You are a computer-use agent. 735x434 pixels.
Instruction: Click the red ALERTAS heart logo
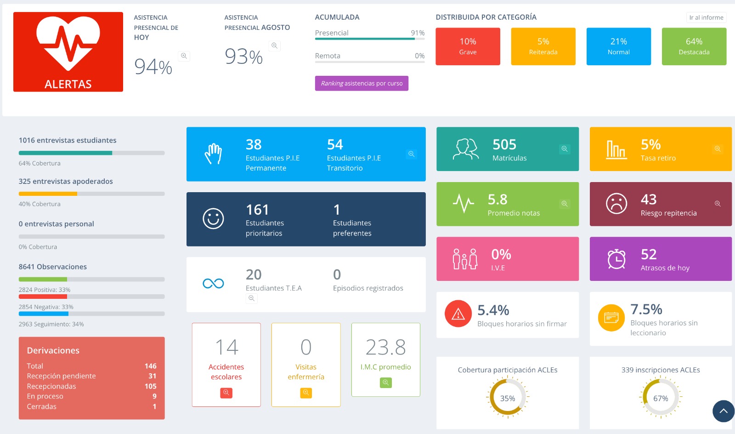(68, 52)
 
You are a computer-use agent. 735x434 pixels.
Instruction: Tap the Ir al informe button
(706, 17)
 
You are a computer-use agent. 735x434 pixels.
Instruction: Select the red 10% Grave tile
(468, 46)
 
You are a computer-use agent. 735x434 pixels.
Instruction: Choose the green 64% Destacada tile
(694, 46)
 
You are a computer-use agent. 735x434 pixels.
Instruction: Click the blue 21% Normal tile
(618, 46)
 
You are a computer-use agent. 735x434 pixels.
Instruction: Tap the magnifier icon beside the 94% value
(184, 56)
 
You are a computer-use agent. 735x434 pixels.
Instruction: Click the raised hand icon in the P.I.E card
(213, 154)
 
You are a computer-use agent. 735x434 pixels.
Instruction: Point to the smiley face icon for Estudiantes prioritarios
(213, 218)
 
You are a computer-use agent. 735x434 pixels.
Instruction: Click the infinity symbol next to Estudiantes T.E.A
(213, 283)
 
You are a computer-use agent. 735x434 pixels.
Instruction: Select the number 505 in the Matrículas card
(504, 144)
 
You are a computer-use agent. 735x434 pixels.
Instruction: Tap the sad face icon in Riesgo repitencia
(616, 204)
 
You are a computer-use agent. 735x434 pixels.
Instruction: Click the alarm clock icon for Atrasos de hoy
(616, 259)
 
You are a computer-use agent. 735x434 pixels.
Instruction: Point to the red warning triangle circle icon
(458, 314)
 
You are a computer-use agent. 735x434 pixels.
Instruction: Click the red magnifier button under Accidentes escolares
(226, 393)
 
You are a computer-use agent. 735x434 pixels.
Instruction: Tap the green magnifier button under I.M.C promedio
(385, 383)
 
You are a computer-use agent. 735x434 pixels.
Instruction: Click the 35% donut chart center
(507, 398)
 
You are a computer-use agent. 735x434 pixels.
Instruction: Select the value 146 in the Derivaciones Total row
(151, 366)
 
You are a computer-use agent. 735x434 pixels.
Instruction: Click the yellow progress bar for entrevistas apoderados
(48, 194)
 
